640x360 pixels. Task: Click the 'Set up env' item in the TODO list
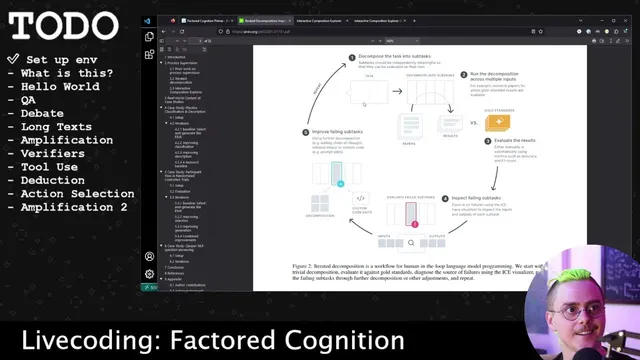[x=63, y=59]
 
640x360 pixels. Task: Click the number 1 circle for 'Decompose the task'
[x=352, y=58]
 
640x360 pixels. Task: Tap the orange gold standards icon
[x=497, y=122]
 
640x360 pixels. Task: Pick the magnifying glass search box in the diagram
[x=411, y=242]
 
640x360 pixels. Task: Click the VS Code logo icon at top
[x=148, y=20]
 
